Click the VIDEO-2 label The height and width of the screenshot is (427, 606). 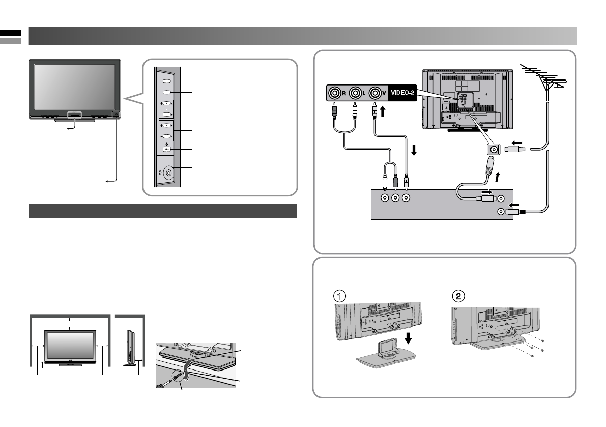[402, 93]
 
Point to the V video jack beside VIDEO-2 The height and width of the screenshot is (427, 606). [376, 93]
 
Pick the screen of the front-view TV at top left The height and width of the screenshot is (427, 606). [74, 86]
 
